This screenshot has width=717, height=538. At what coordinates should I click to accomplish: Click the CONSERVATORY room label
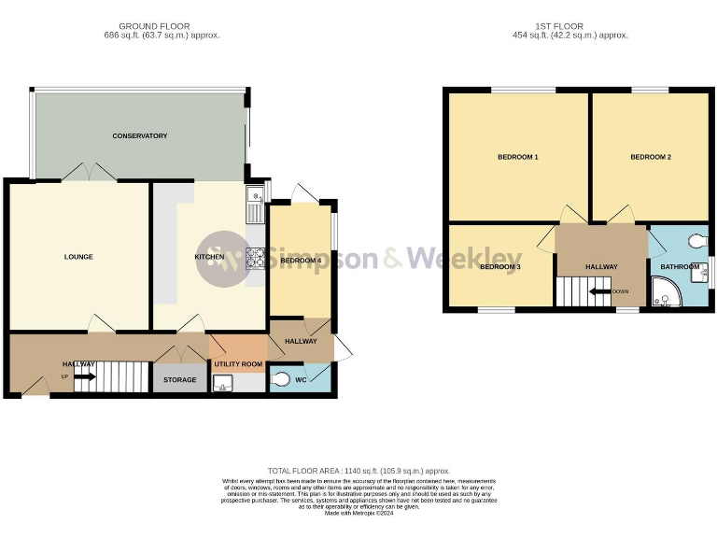(x=139, y=136)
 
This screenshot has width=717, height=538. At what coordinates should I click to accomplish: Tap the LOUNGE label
(x=78, y=257)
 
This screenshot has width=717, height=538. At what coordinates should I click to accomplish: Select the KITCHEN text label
(x=208, y=257)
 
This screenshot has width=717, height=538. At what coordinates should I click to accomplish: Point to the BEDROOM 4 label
(x=300, y=261)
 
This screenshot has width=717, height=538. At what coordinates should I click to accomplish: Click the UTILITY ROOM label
(x=238, y=363)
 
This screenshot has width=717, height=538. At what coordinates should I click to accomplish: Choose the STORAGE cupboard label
(x=180, y=380)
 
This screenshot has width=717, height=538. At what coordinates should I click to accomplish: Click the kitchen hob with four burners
(x=256, y=259)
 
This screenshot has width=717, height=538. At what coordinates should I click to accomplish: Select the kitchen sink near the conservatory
(x=255, y=204)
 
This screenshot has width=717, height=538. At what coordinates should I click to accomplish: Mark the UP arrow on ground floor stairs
(x=84, y=377)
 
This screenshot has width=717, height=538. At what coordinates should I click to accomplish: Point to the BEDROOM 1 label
(x=517, y=157)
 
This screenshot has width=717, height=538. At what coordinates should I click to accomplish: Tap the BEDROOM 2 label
(x=651, y=157)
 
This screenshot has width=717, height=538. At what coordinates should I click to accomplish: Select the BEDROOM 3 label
(x=500, y=267)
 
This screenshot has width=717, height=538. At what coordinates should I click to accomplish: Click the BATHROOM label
(x=680, y=267)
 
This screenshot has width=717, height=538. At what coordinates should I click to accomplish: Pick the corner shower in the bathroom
(x=668, y=296)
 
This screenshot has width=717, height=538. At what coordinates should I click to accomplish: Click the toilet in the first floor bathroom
(x=696, y=241)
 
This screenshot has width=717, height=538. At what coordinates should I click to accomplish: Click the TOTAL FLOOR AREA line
(x=359, y=471)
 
